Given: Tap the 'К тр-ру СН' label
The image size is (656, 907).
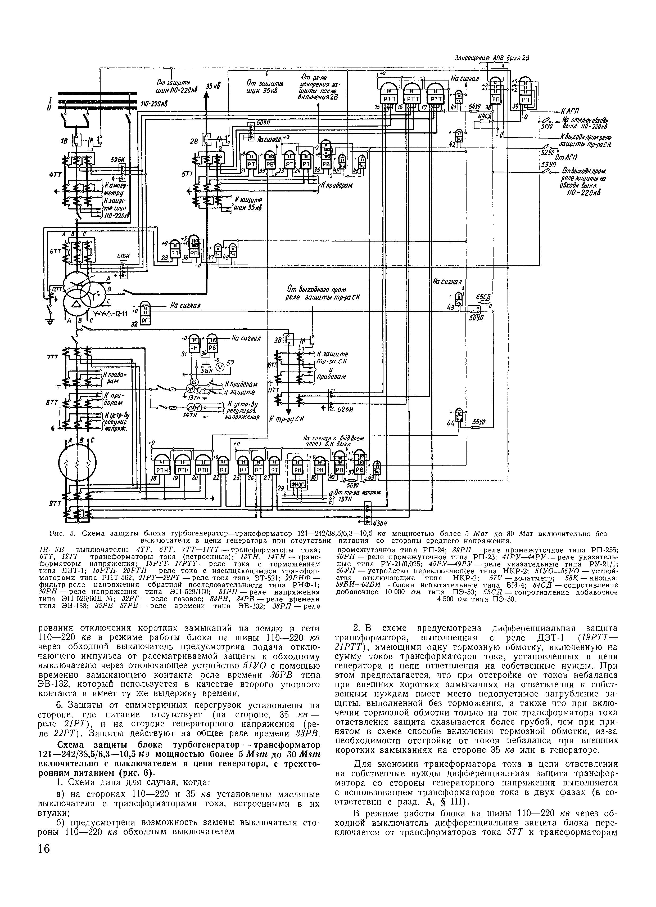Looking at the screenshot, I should (288, 419).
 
